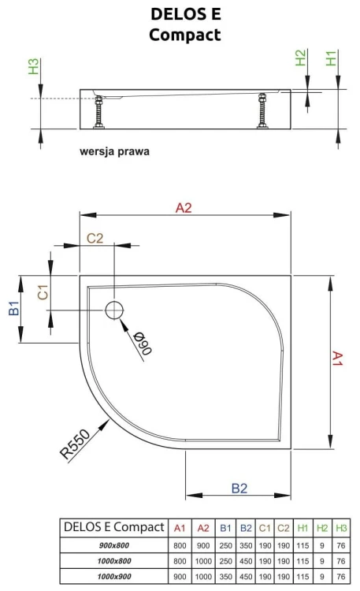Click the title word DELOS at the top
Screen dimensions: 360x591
click(174, 14)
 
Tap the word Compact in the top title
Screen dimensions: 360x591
click(184, 35)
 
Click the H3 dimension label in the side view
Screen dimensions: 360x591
click(34, 66)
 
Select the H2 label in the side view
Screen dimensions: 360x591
click(300, 58)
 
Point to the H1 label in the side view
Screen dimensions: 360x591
click(331, 58)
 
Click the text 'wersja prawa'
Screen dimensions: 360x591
click(114, 151)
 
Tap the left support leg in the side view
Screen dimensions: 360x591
click(99, 113)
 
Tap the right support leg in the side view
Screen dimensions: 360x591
click(262, 111)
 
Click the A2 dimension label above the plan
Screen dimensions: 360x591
click(184, 208)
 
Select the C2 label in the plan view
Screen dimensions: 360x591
click(95, 238)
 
